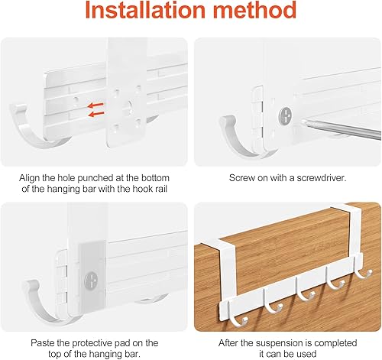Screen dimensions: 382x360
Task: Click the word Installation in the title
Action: point(145,10)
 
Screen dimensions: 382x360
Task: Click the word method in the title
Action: point(254,10)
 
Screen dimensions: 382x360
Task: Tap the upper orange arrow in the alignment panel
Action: point(95,105)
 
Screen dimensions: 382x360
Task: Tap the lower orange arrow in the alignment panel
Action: point(96,114)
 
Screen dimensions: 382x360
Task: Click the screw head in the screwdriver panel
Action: point(286,116)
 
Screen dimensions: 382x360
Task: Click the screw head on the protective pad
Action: point(91,281)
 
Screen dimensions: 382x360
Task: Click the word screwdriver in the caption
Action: point(322,177)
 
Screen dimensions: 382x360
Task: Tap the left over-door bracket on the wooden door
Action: point(225,270)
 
